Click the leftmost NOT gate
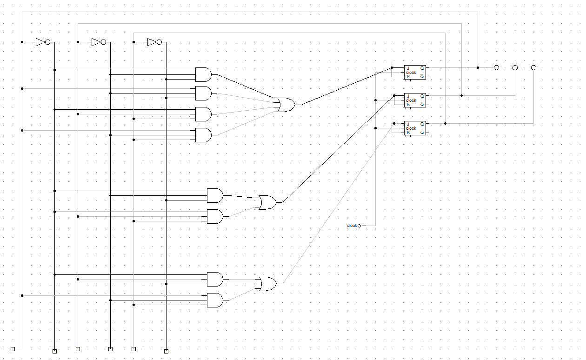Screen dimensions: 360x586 tap(42, 42)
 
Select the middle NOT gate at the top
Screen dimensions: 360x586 tap(98, 42)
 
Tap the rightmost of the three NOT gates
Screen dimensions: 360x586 tap(154, 42)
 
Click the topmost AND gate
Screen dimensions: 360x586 tap(203, 74)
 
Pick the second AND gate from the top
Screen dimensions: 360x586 tap(203, 93)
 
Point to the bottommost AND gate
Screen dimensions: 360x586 tap(214, 300)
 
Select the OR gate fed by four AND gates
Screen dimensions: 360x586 tap(284, 105)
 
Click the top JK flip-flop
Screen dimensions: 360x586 tap(415, 72)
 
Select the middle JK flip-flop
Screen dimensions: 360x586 tap(415, 100)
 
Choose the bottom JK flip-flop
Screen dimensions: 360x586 tap(415, 128)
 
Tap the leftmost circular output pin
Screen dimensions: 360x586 tap(496, 68)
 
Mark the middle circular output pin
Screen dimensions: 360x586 tap(515, 68)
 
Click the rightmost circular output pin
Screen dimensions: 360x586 tap(533, 68)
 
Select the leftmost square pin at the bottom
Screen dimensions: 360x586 tap(13, 349)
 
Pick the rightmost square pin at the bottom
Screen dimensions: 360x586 tap(166, 351)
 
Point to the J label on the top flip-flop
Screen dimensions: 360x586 tap(408, 68)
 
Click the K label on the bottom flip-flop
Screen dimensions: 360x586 tap(408, 133)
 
